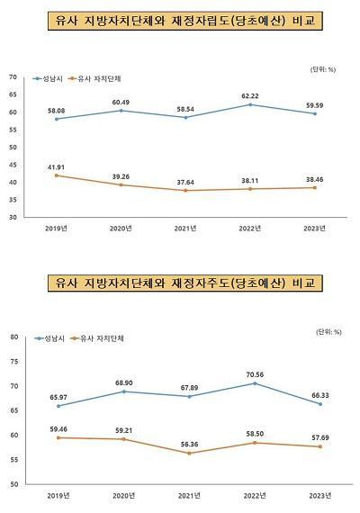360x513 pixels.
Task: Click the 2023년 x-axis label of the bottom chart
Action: coord(316,495)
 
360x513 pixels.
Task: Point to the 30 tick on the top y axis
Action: coord(13,218)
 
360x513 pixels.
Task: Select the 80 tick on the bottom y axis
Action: coord(13,337)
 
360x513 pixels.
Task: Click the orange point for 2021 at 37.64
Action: coord(185,191)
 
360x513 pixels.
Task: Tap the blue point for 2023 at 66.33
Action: coord(317,404)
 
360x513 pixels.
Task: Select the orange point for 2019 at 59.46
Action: coord(57,437)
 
